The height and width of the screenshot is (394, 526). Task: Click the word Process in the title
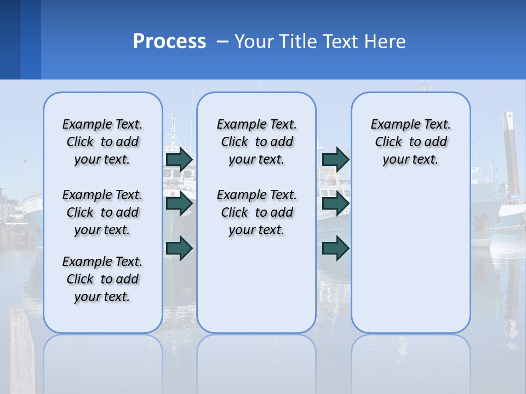(169, 41)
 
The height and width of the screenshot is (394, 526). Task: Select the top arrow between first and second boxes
(179, 159)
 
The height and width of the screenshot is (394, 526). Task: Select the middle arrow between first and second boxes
(179, 204)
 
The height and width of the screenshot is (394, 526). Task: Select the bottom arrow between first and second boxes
(179, 248)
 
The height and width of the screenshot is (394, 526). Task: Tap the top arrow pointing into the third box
(335, 159)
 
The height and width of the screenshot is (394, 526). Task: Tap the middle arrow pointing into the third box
(335, 204)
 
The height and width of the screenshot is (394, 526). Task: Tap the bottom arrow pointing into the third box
(335, 248)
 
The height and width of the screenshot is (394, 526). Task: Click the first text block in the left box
(102, 142)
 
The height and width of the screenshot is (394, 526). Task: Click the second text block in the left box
(102, 212)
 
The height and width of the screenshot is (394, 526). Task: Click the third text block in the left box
(102, 279)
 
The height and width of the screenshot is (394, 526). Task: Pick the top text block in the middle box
(256, 142)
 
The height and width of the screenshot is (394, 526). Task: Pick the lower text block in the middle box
(256, 212)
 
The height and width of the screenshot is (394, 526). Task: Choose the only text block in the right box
(410, 142)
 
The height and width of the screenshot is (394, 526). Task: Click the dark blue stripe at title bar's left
(10, 39)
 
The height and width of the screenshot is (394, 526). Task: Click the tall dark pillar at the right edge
(511, 153)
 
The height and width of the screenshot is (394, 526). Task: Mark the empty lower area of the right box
(410, 263)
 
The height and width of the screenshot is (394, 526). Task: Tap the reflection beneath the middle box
(256, 361)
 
